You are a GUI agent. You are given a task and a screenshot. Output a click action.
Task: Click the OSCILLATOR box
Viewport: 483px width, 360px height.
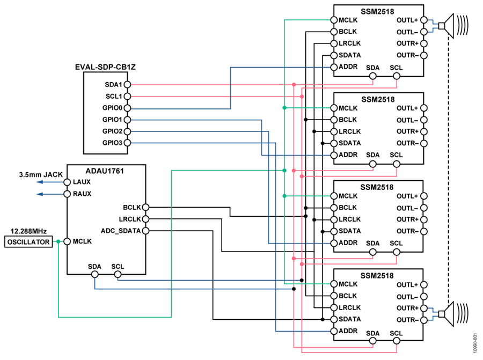click(x=28, y=242)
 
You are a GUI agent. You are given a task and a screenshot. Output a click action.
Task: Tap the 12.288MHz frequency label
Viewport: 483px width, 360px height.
click(x=28, y=231)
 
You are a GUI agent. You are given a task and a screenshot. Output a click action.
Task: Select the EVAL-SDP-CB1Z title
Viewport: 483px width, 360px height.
click(x=105, y=67)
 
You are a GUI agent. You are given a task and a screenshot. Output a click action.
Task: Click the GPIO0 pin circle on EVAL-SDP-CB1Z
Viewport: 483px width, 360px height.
click(x=127, y=108)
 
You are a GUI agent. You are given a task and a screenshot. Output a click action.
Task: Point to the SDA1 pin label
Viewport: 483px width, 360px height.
click(x=113, y=84)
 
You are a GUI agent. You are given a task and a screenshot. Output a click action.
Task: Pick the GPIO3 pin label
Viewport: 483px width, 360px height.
click(x=112, y=143)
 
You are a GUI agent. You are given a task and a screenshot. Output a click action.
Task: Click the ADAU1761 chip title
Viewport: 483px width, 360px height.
click(x=105, y=171)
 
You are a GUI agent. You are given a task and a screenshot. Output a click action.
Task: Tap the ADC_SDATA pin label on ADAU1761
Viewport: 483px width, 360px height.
click(x=121, y=231)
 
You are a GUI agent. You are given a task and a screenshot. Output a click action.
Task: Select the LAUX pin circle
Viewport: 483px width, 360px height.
click(x=67, y=182)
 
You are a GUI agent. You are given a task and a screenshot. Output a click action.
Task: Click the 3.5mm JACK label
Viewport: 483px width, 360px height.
click(x=41, y=174)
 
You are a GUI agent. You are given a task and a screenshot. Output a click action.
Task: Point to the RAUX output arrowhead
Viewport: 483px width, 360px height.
click(x=39, y=194)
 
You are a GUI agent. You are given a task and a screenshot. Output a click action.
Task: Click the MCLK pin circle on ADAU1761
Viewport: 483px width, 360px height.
click(x=67, y=241)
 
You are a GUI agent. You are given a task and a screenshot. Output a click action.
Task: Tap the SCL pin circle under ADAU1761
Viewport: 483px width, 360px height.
click(x=118, y=274)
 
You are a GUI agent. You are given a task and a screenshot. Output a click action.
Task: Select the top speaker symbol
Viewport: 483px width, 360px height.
click(x=453, y=26)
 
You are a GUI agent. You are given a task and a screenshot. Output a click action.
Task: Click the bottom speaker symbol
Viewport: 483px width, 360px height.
click(x=453, y=314)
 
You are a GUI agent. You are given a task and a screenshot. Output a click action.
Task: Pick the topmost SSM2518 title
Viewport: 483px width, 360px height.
click(x=377, y=12)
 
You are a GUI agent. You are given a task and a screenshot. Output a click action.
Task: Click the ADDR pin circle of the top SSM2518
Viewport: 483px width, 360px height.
click(x=334, y=67)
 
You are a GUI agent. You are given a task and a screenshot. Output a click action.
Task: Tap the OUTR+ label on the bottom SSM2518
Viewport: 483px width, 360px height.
click(x=407, y=308)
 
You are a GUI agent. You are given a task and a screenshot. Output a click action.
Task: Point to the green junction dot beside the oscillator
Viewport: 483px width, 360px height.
click(x=58, y=241)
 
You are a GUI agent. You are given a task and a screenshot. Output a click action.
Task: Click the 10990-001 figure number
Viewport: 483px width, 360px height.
click(x=475, y=343)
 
